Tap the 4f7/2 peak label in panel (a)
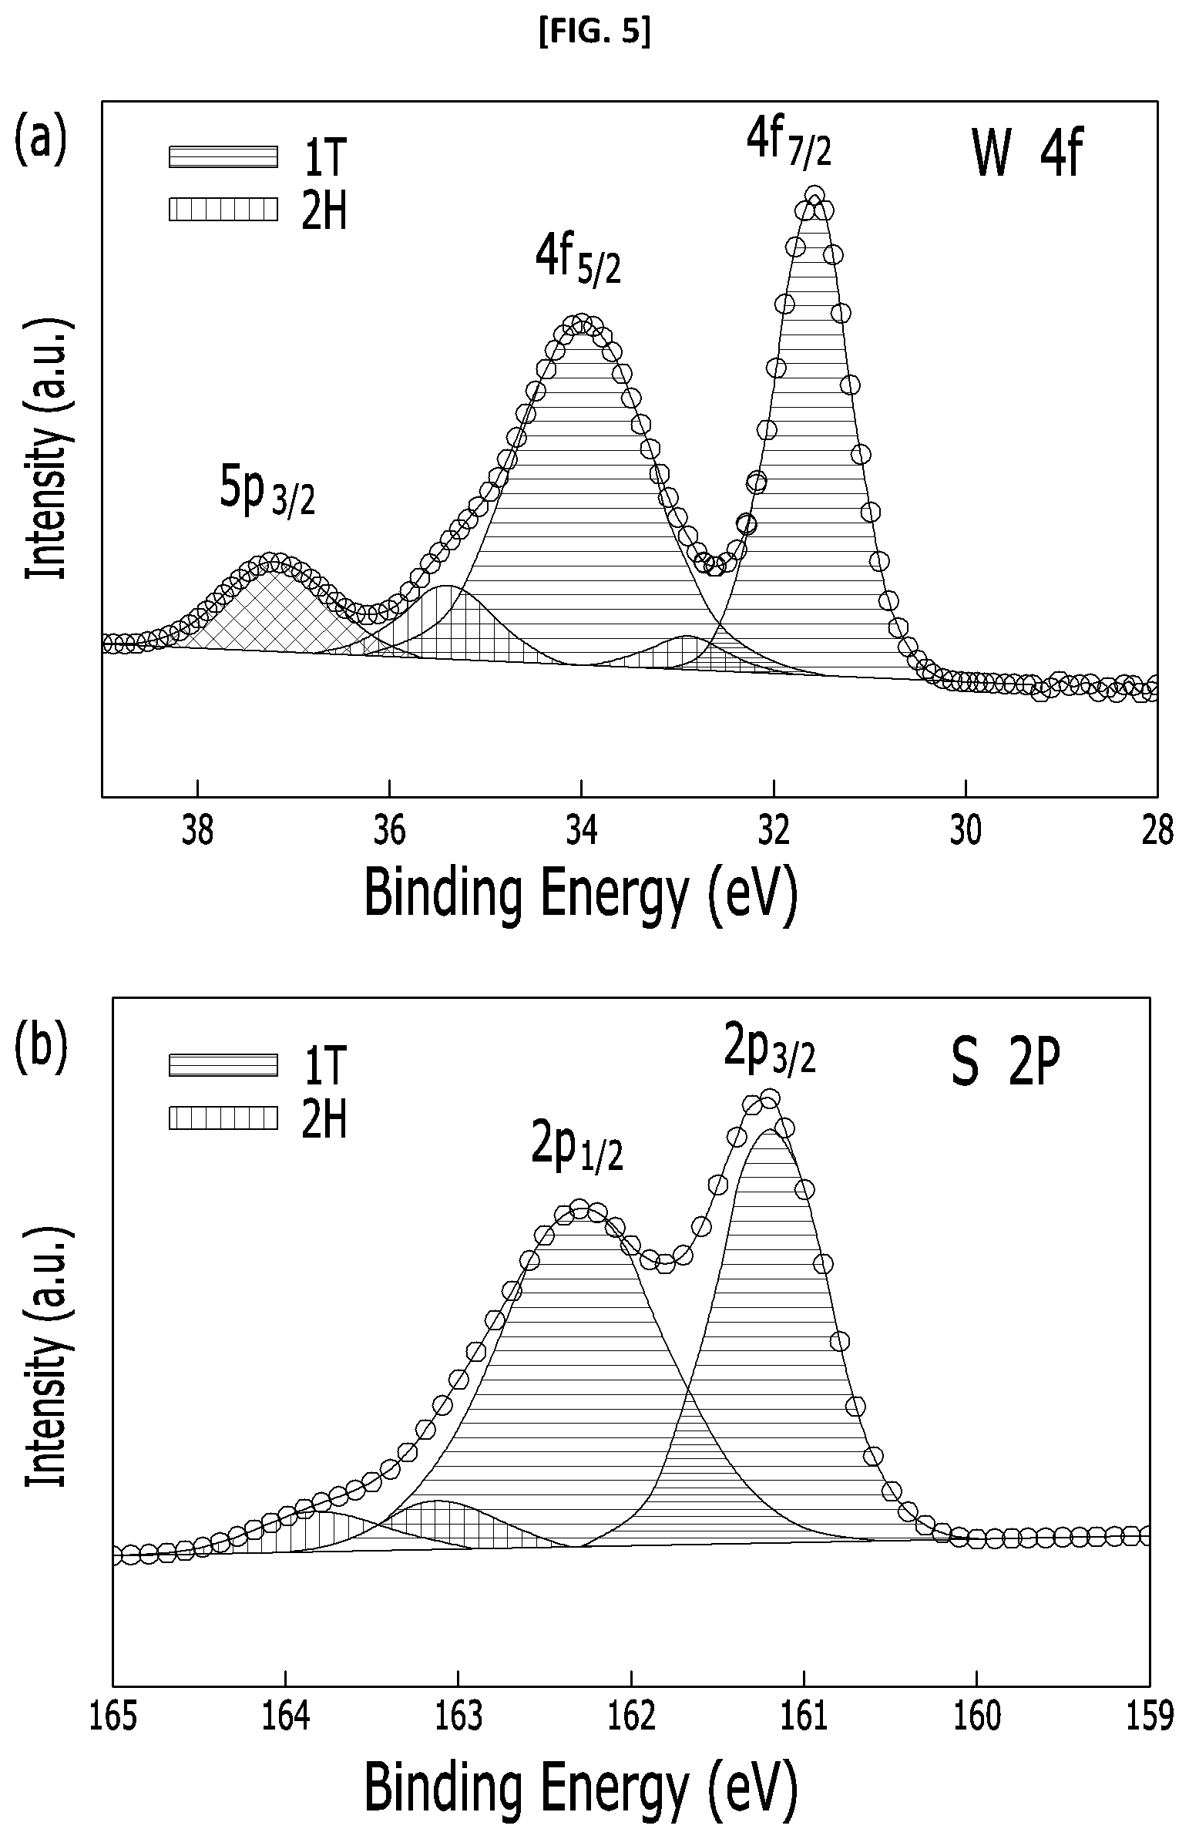click(788, 143)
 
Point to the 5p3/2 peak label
click(267, 492)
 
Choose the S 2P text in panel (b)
click(1006, 1061)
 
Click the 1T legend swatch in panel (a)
click(223, 156)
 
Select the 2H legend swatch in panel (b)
click(223, 1118)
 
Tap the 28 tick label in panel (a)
click(1157, 832)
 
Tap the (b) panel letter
click(41, 1047)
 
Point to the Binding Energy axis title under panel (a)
click(579, 893)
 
